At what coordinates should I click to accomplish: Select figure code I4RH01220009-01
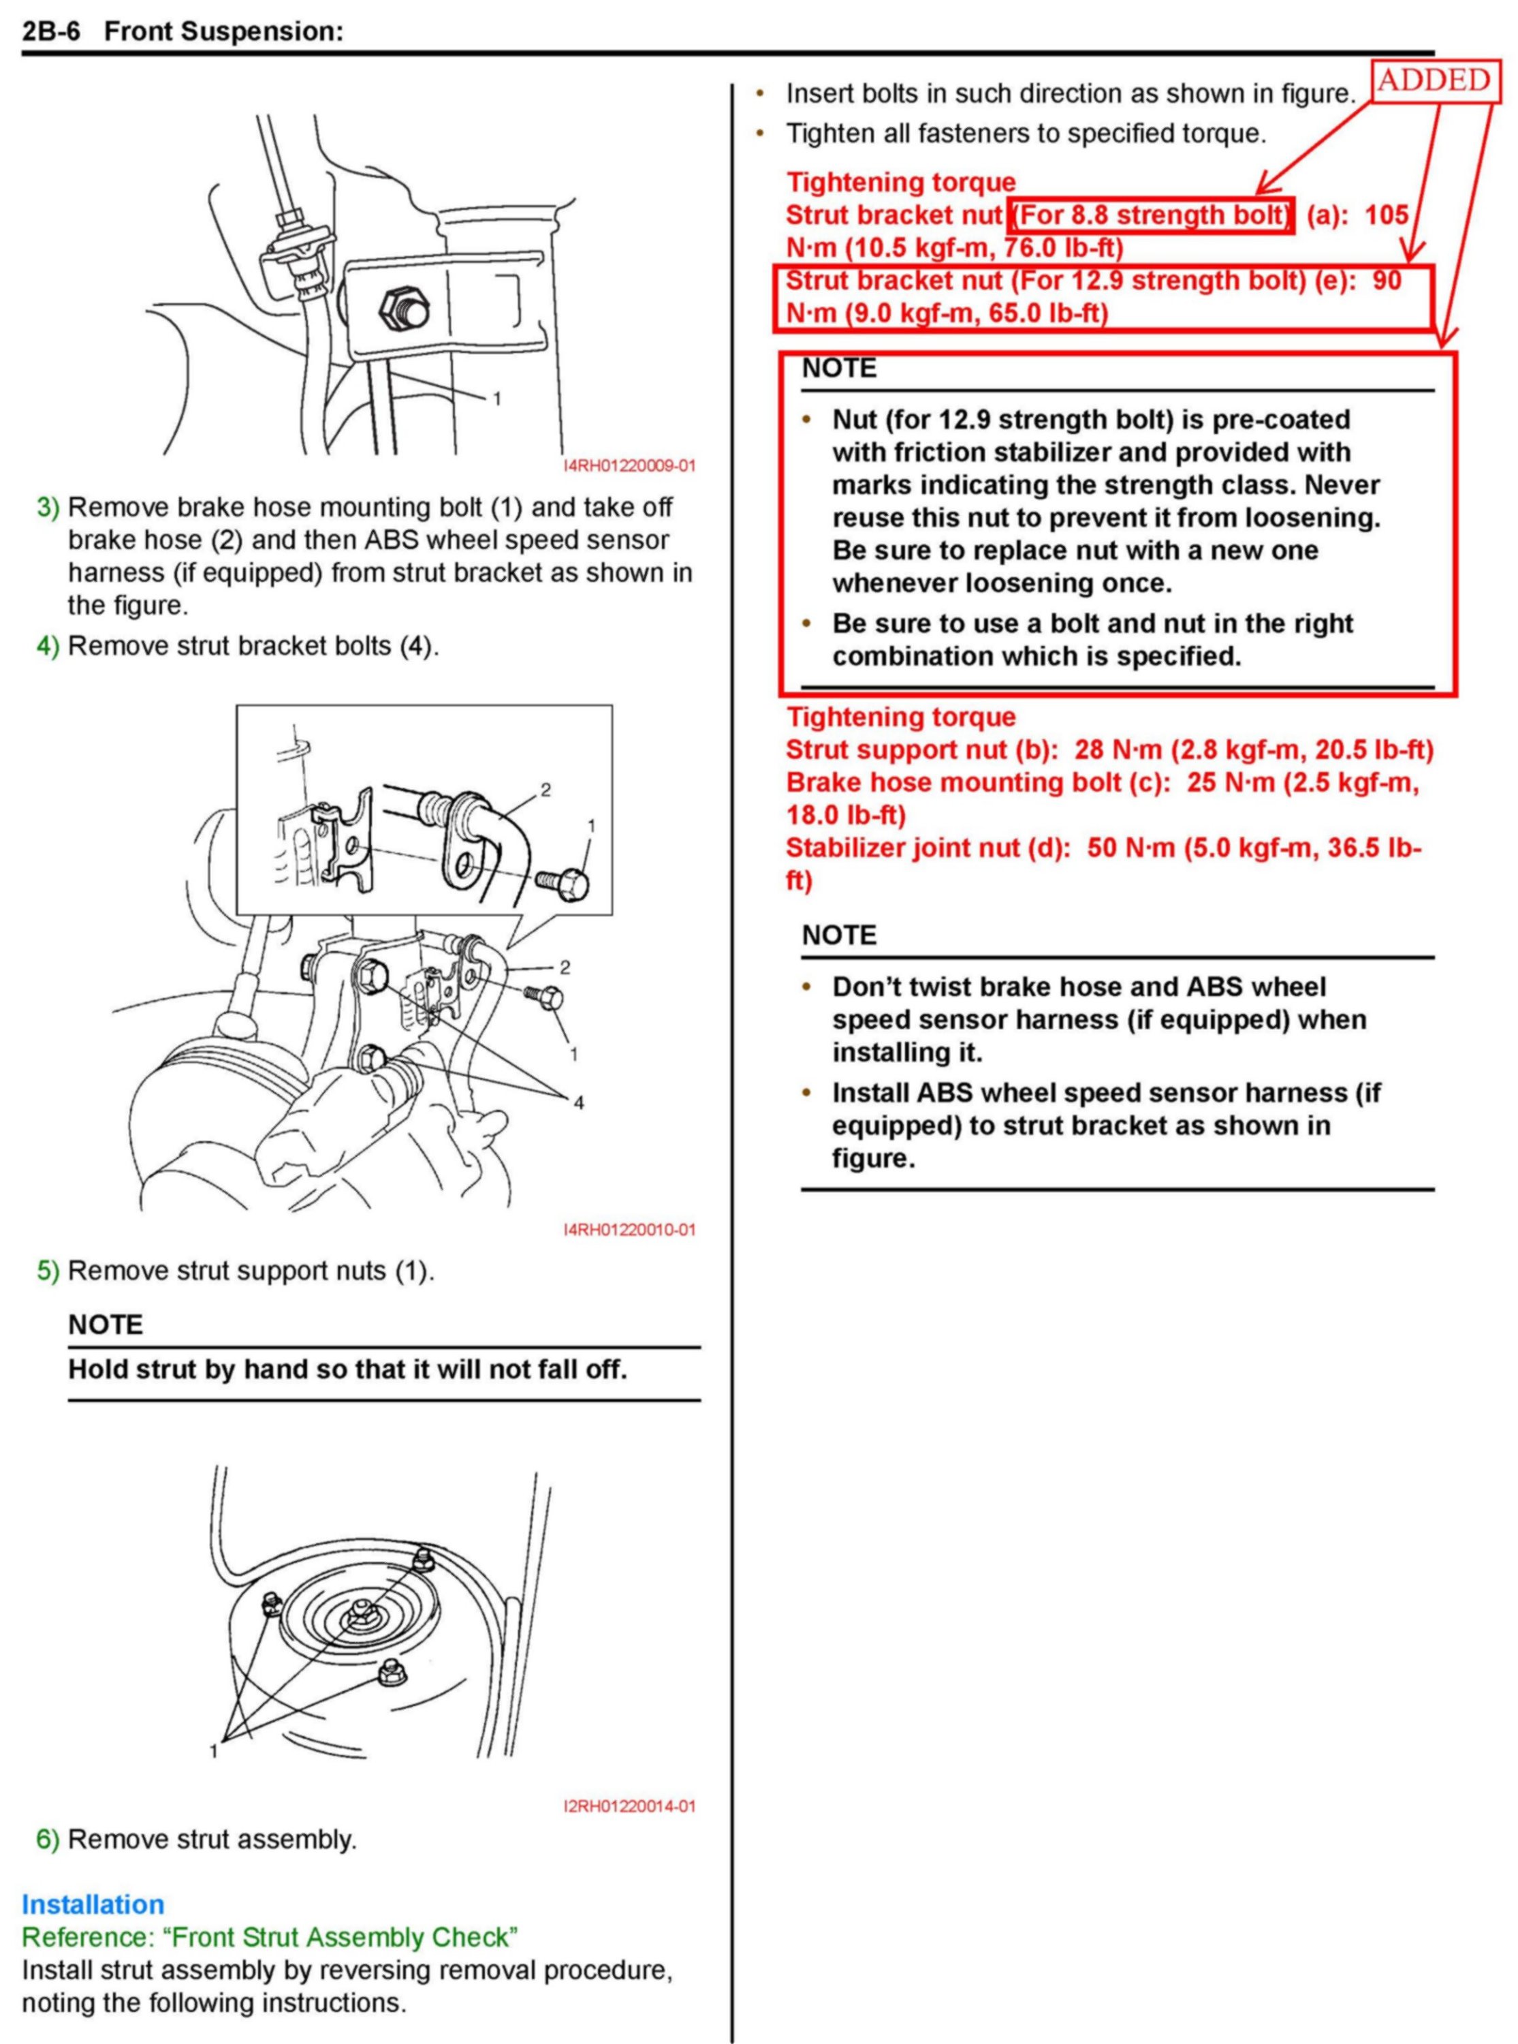tap(629, 466)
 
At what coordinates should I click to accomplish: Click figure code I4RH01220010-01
tap(629, 1230)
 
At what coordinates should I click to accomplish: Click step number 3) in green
tap(48, 508)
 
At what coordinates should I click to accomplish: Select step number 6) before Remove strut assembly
tap(48, 1839)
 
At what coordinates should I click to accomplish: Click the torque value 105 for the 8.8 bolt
tap(1387, 215)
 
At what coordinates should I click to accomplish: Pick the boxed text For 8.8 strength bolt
tap(1152, 215)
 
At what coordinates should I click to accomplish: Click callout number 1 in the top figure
tap(497, 399)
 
